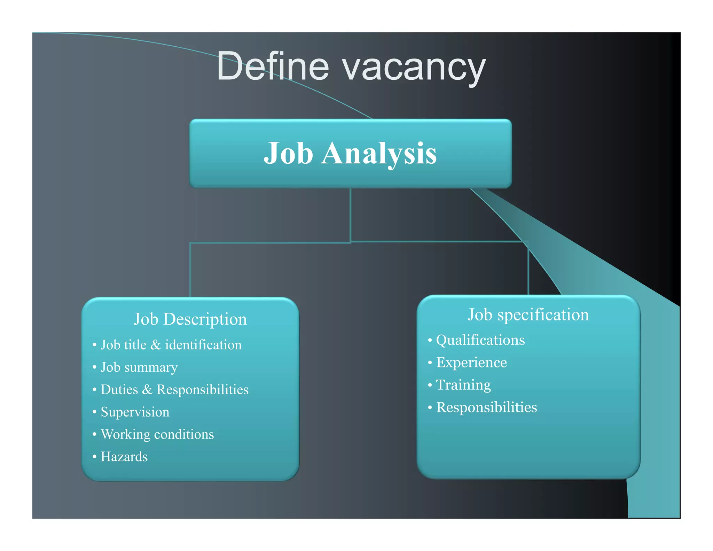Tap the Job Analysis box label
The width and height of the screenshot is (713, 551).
(350, 153)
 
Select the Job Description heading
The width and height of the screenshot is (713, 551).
(190, 319)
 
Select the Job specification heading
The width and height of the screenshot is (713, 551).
(528, 315)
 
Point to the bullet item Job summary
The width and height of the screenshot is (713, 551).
(139, 367)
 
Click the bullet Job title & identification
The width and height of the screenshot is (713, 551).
(171, 345)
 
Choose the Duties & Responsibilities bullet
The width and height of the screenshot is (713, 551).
(174, 390)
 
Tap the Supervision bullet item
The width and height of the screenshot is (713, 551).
(135, 412)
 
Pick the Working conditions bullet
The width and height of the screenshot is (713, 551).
(157, 434)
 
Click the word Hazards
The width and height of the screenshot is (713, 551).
(124, 457)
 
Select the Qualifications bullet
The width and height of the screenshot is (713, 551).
(480, 340)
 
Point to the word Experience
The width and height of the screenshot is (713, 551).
(471, 363)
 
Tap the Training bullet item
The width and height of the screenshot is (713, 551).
(463, 385)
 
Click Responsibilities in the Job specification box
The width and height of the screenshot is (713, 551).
(486, 408)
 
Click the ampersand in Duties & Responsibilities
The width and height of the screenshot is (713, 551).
(147, 389)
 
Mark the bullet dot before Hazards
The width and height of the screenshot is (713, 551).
(94, 457)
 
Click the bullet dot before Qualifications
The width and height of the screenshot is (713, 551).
(430, 340)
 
